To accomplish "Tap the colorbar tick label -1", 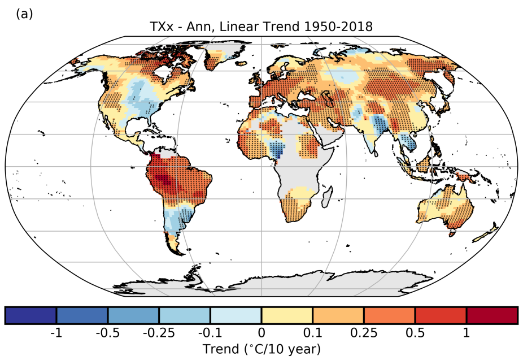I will tap(56, 333).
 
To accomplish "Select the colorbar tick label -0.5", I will tap(107, 333).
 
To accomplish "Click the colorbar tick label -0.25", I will tap(159, 333).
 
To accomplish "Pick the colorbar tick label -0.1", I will tap(210, 333).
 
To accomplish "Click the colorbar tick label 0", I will tap(261, 333).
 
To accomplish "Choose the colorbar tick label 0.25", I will tap(364, 333).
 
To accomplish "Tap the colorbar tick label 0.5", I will tap(415, 333).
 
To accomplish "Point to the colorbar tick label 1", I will tap(467, 333).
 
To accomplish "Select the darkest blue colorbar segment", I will tap(30, 315).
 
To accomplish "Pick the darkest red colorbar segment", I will tap(492, 315).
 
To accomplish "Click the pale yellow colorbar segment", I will tap(287, 315).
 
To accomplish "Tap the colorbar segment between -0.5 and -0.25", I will tap(133, 315).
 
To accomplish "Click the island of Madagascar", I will tap(326, 198).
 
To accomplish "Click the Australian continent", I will tap(446, 209).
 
